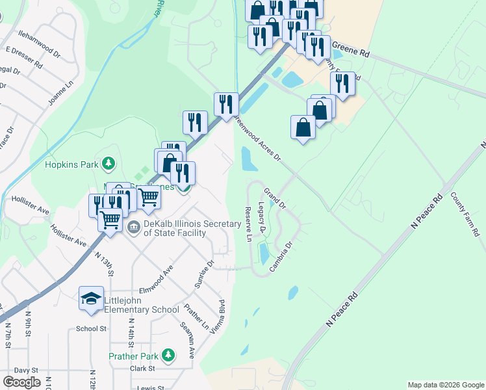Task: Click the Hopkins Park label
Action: [x=71, y=164]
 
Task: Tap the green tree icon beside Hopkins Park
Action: [x=110, y=162]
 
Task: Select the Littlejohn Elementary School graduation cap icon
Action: [x=92, y=298]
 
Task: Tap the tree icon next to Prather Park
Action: [x=168, y=355]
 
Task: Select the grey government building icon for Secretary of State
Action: [x=134, y=227]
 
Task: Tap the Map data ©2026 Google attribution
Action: [x=445, y=385]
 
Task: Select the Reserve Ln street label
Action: [x=248, y=224]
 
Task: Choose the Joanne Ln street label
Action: [x=60, y=94]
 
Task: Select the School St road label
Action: [x=91, y=329]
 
